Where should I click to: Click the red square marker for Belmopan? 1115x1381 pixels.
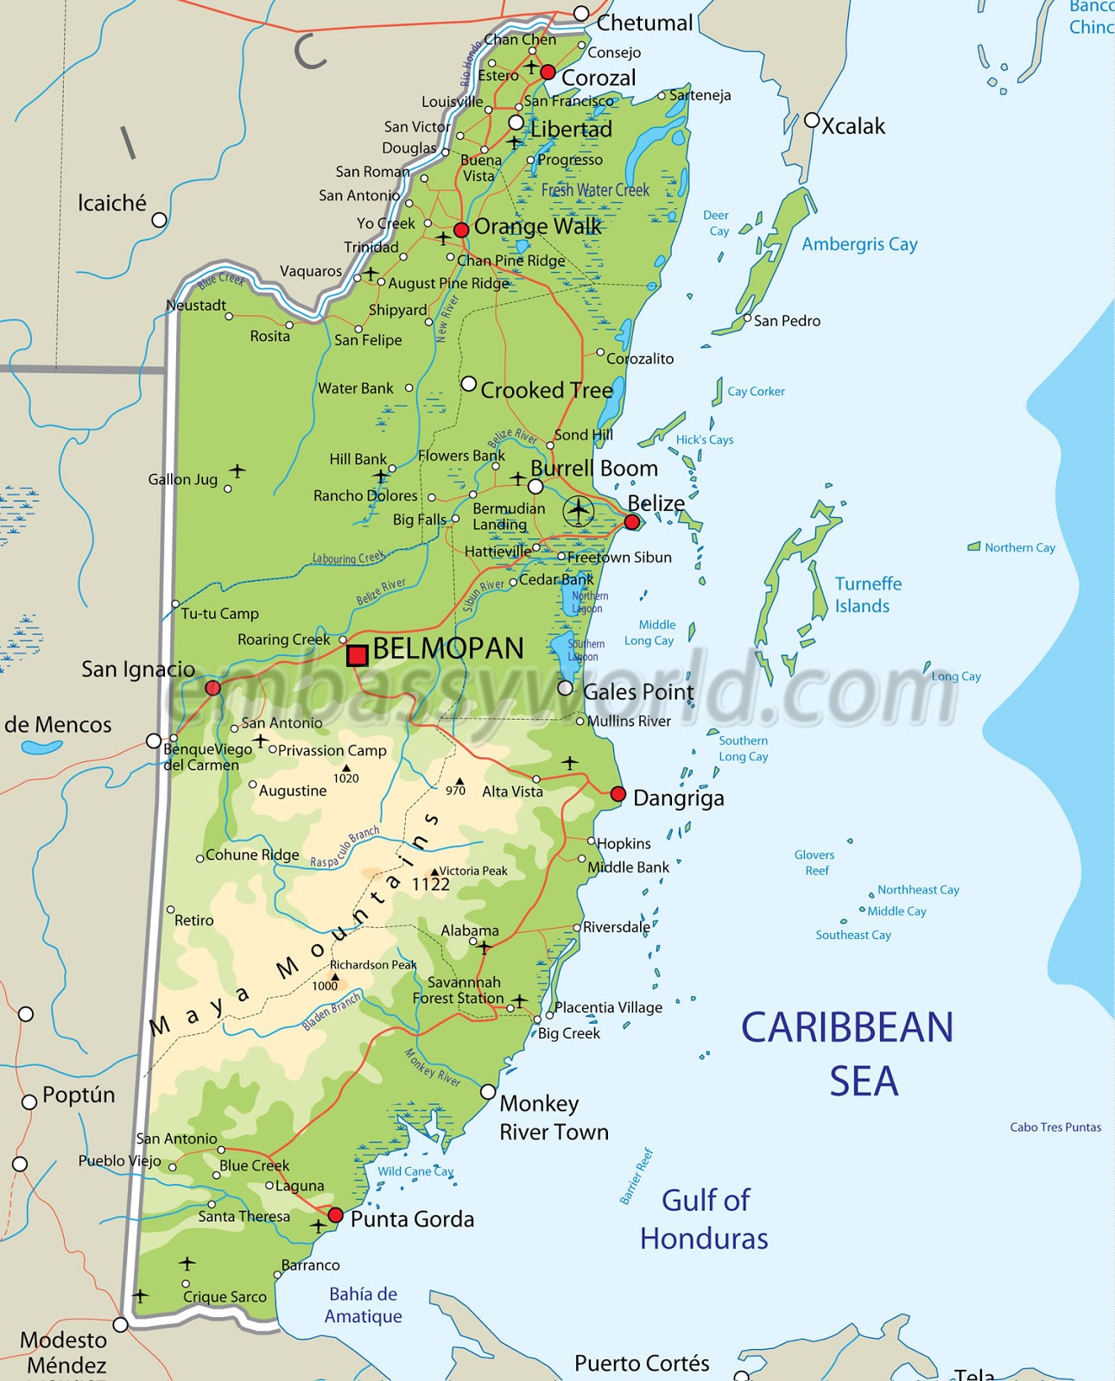tap(357, 655)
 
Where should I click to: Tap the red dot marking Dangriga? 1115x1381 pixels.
tap(618, 794)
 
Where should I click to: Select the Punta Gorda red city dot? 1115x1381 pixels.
tap(336, 1215)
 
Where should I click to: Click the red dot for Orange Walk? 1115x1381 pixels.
tap(461, 230)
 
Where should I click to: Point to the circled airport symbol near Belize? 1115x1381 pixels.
tap(579, 511)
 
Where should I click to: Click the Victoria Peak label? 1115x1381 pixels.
tap(473, 871)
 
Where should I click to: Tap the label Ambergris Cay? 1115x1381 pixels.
tap(859, 244)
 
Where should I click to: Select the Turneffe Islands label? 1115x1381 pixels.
tap(867, 595)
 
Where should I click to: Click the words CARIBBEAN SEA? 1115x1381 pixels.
tap(847, 1054)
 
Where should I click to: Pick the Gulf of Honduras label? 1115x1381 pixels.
tap(704, 1219)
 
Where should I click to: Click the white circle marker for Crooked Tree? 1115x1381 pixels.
tap(468, 383)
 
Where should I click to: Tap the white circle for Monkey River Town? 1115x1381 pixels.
tap(488, 1092)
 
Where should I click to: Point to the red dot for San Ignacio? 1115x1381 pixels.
tap(212, 688)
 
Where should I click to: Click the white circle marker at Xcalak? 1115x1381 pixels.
tap(811, 120)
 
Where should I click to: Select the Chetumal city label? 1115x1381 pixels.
tap(644, 23)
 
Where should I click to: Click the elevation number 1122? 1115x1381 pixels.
tap(430, 885)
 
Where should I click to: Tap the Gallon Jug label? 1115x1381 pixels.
tap(182, 479)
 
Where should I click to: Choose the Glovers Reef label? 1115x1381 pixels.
tap(814, 862)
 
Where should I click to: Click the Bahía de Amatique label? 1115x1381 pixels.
tap(363, 1305)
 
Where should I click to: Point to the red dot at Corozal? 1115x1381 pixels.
tap(548, 73)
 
